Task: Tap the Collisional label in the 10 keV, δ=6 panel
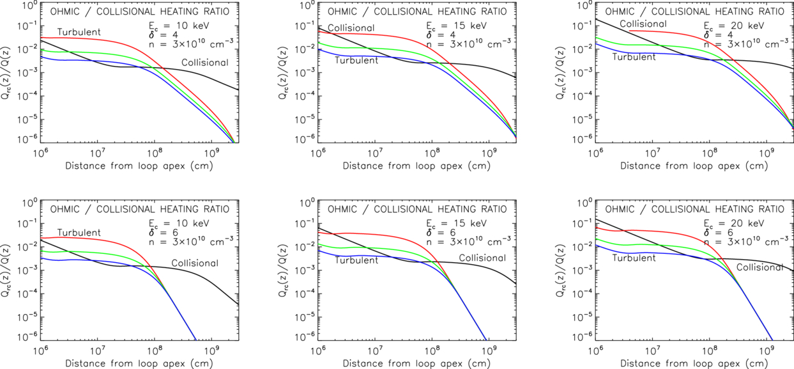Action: click(x=195, y=263)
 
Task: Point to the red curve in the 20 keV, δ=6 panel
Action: click(x=658, y=231)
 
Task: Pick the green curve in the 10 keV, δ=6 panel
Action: click(x=96, y=253)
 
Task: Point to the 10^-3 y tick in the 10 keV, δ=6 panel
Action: click(x=28, y=270)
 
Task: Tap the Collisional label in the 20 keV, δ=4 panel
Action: click(x=643, y=24)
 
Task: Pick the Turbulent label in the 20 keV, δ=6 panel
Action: click(x=634, y=258)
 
